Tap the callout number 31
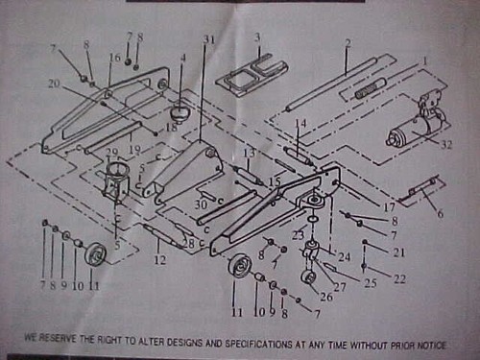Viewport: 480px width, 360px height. click(209, 38)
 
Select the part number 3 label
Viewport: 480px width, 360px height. click(257, 36)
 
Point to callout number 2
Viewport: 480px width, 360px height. click(348, 44)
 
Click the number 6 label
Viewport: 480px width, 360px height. click(441, 214)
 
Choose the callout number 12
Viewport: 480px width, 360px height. click(158, 258)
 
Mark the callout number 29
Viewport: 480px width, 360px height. click(112, 154)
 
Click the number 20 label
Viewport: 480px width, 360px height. click(53, 84)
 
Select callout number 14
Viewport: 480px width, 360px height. click(300, 123)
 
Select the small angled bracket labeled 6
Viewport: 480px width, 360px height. click(420, 192)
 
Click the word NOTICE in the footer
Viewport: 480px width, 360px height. click(449, 338)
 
